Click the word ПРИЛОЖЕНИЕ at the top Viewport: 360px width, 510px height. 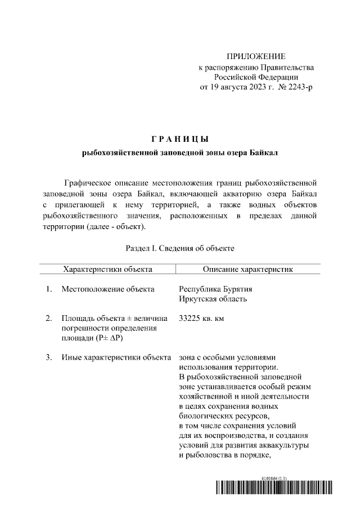tap(256, 57)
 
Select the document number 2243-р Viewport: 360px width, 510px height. tap(298, 87)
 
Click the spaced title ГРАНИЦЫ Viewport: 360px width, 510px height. tap(180, 138)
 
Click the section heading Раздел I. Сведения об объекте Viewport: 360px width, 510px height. tap(180, 248)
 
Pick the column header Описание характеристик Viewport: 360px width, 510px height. tap(248, 269)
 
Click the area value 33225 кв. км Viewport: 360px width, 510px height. tap(201, 319)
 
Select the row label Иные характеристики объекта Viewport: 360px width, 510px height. tap(116, 357)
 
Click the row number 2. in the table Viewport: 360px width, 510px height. tap(49, 319)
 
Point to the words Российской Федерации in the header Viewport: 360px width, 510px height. tap(256, 77)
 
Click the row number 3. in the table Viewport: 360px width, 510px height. tap(49, 357)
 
